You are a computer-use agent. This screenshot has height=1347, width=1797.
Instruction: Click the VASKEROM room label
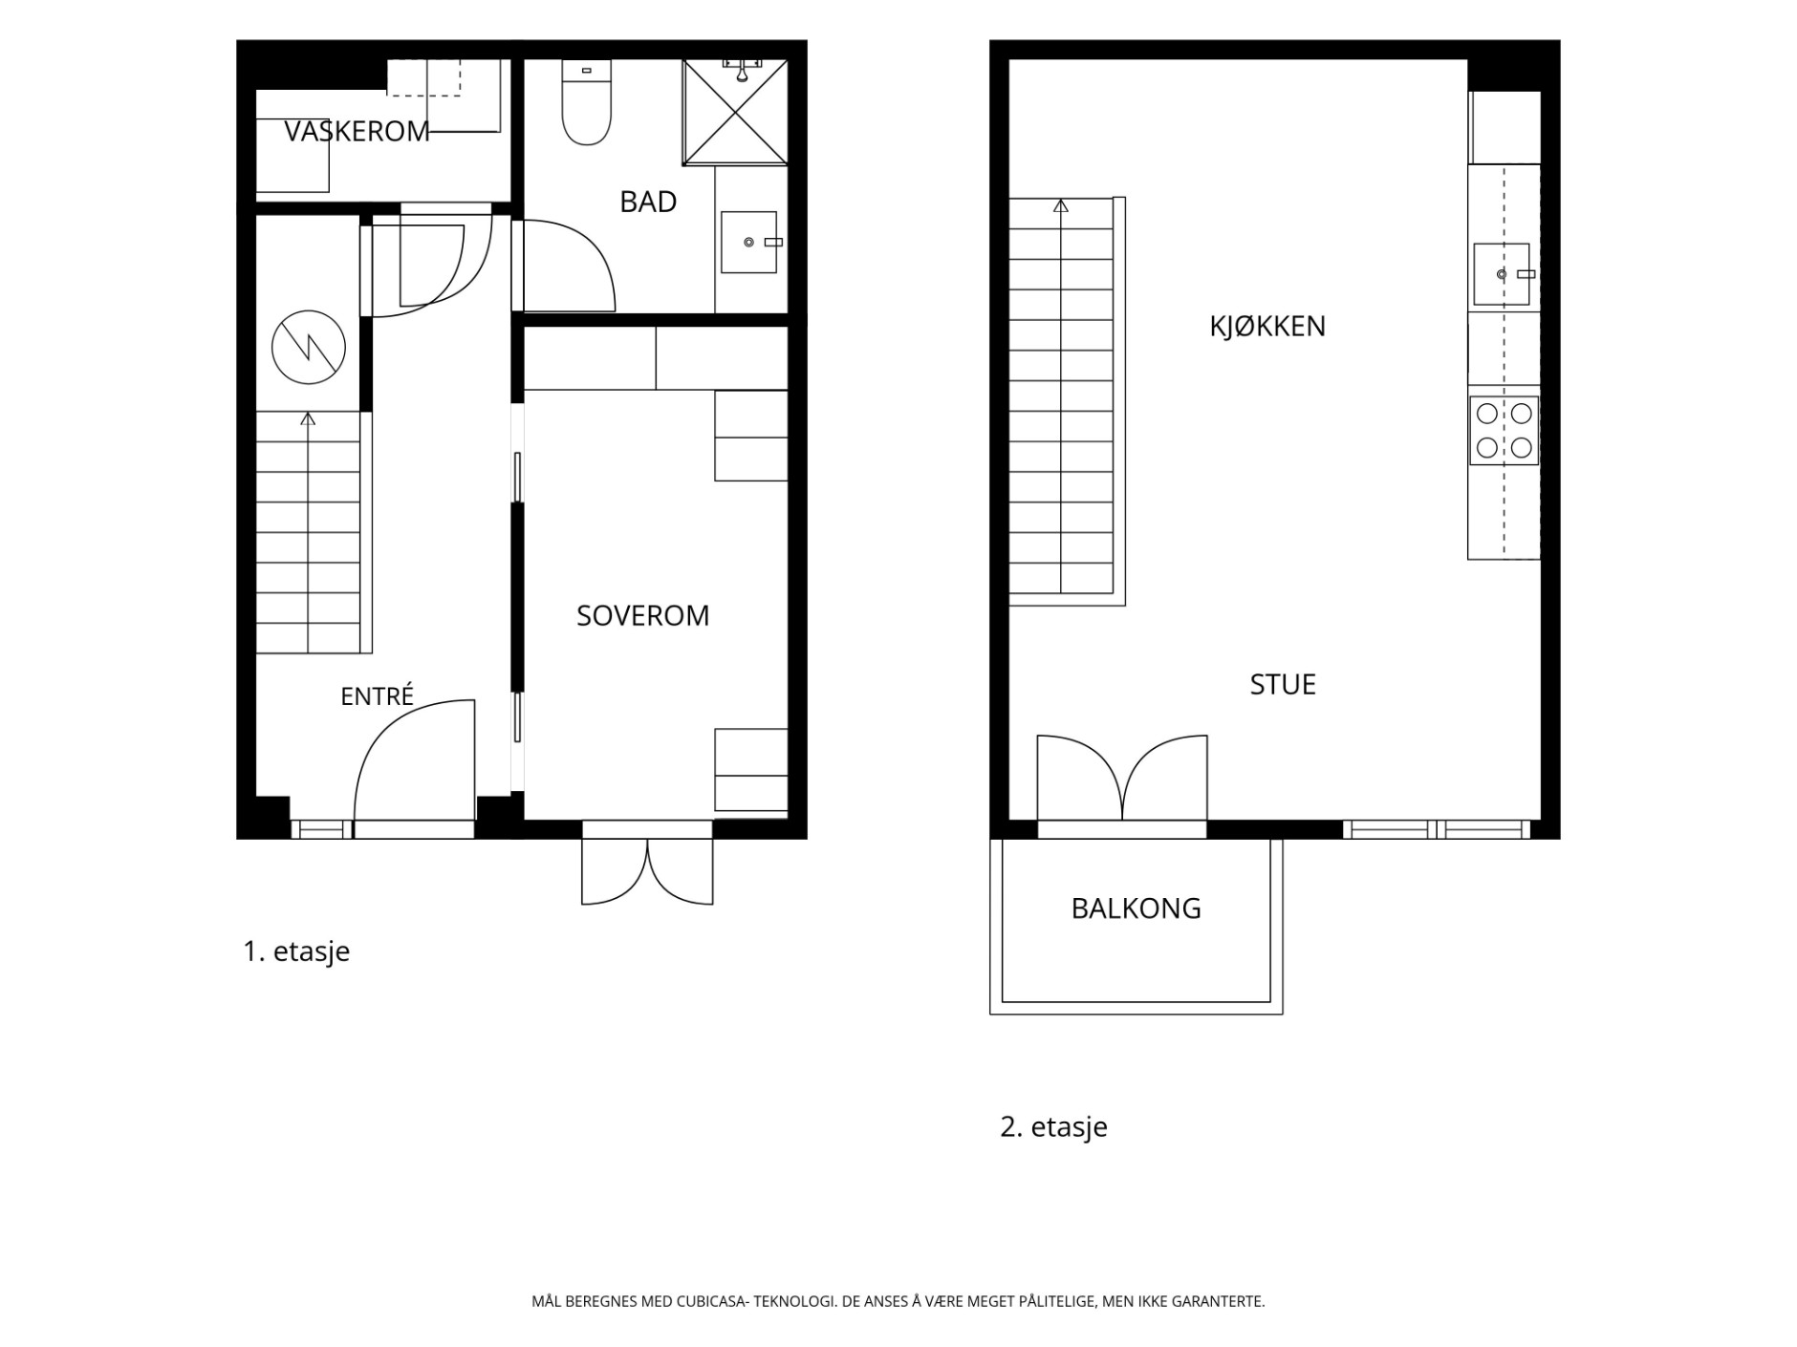(x=357, y=131)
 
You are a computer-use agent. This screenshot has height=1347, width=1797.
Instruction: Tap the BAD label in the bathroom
(x=648, y=202)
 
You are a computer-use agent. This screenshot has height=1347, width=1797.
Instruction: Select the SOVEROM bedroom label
(x=642, y=615)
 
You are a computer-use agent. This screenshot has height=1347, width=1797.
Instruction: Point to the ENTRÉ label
(x=377, y=695)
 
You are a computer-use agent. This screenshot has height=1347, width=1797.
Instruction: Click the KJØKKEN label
(x=1267, y=326)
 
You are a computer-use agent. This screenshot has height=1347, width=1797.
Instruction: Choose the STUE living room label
(x=1283, y=684)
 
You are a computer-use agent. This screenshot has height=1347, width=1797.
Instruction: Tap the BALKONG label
(x=1136, y=908)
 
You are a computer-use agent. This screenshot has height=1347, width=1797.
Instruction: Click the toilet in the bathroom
(x=586, y=102)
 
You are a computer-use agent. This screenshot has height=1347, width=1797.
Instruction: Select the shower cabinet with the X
(x=735, y=112)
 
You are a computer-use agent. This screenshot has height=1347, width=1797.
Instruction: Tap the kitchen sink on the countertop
(x=1503, y=274)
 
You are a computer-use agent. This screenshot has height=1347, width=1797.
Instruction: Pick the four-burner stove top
(x=1504, y=430)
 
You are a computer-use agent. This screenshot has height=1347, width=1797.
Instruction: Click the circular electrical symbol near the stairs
(x=308, y=347)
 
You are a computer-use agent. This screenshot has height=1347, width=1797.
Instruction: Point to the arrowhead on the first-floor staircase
(x=308, y=418)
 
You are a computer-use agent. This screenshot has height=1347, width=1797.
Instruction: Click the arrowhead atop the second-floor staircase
(x=1061, y=205)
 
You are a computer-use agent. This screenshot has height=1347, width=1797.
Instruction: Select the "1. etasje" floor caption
(x=296, y=951)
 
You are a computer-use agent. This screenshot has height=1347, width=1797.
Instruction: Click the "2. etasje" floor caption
(x=1053, y=1126)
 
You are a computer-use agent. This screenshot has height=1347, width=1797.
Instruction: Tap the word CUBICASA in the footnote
(x=712, y=1301)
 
